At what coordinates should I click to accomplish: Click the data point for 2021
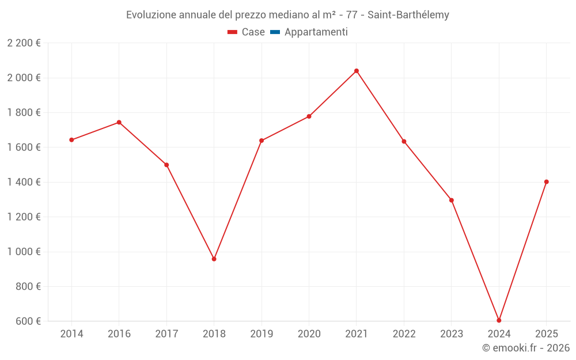click(x=357, y=71)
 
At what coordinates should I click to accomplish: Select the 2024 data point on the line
click(x=499, y=320)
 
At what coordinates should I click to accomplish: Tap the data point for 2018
click(x=214, y=259)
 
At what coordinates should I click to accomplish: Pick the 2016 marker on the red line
click(x=119, y=122)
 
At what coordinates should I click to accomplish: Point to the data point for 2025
click(x=546, y=182)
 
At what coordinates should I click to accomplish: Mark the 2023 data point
click(x=452, y=200)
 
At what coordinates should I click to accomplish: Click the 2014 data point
click(x=71, y=140)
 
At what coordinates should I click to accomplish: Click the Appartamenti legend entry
click(x=316, y=32)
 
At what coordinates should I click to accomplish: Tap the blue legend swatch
click(x=275, y=32)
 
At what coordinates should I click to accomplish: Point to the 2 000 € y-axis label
click(x=24, y=78)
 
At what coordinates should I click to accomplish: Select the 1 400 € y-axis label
click(x=24, y=182)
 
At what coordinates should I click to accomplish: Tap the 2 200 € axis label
click(x=24, y=43)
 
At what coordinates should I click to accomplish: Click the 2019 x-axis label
click(x=262, y=334)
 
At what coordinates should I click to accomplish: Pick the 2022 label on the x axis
click(x=404, y=334)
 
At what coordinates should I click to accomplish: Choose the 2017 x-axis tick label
click(x=166, y=334)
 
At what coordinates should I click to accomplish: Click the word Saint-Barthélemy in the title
click(x=408, y=15)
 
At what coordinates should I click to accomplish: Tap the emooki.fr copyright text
click(x=526, y=348)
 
